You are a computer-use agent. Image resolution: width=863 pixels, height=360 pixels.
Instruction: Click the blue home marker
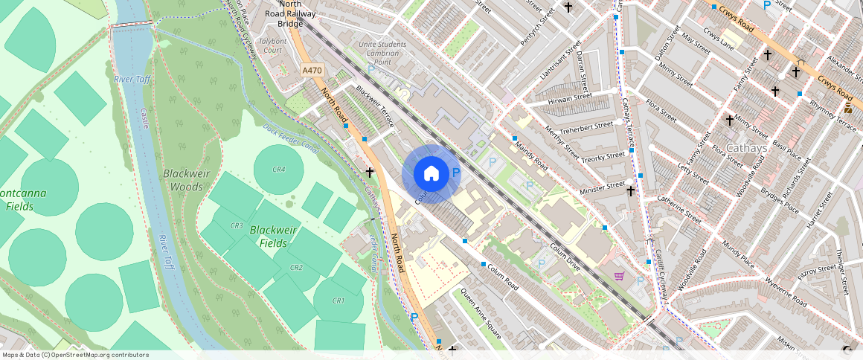[431, 174]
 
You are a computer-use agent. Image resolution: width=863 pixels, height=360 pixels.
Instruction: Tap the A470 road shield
[312, 70]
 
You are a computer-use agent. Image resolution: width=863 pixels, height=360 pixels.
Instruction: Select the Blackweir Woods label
[182, 180]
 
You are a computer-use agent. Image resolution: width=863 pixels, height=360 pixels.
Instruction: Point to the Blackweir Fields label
[273, 237]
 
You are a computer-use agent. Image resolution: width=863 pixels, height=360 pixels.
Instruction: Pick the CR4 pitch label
[279, 170]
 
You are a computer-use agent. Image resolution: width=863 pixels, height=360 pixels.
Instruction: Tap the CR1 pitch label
[339, 300]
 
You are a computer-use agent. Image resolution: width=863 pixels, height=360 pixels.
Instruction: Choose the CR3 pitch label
[237, 225]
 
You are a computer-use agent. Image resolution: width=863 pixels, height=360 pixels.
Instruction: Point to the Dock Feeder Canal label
[290, 138]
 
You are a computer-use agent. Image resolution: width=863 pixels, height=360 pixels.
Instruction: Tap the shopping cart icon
[619, 276]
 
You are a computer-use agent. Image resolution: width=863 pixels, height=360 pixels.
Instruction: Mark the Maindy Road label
[530, 153]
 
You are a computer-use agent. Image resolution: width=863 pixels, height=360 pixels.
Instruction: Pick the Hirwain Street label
[570, 97]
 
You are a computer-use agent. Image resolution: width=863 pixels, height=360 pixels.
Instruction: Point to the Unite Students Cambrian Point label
[383, 53]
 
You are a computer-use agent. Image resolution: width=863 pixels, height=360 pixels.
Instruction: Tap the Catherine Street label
[679, 210]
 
